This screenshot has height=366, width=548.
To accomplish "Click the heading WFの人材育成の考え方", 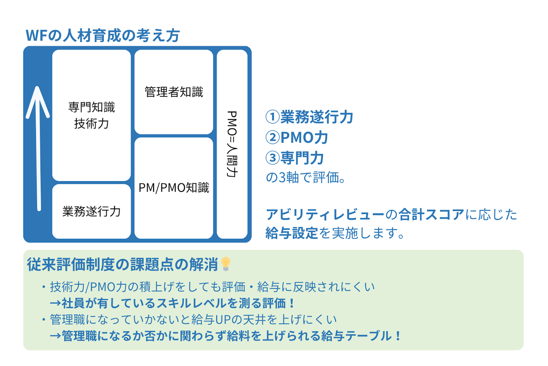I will coord(102,35).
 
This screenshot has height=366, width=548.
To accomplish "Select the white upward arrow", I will coord(38,149).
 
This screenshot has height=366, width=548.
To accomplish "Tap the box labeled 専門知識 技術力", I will coord(91,115).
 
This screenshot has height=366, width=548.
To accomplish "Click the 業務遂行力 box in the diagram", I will coord(91,211).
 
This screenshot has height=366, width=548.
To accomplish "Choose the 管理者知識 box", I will coord(174,92).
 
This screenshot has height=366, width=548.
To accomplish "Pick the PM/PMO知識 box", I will coord(174,188).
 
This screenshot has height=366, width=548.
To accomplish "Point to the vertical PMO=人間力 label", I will coord(232,144).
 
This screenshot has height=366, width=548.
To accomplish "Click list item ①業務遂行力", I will coord(309,117).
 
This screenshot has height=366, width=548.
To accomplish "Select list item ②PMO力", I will coord(297,138).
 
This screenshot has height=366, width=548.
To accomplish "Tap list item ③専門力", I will coord(295,158).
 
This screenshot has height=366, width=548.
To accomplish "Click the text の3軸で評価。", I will coord(306,178).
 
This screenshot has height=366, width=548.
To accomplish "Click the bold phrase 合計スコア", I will coord(431,215).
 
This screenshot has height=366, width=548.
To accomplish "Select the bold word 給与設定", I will coord(292,233).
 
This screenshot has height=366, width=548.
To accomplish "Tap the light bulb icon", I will coord(226,263).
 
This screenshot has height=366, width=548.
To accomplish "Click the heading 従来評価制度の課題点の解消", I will coord(123,264).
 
